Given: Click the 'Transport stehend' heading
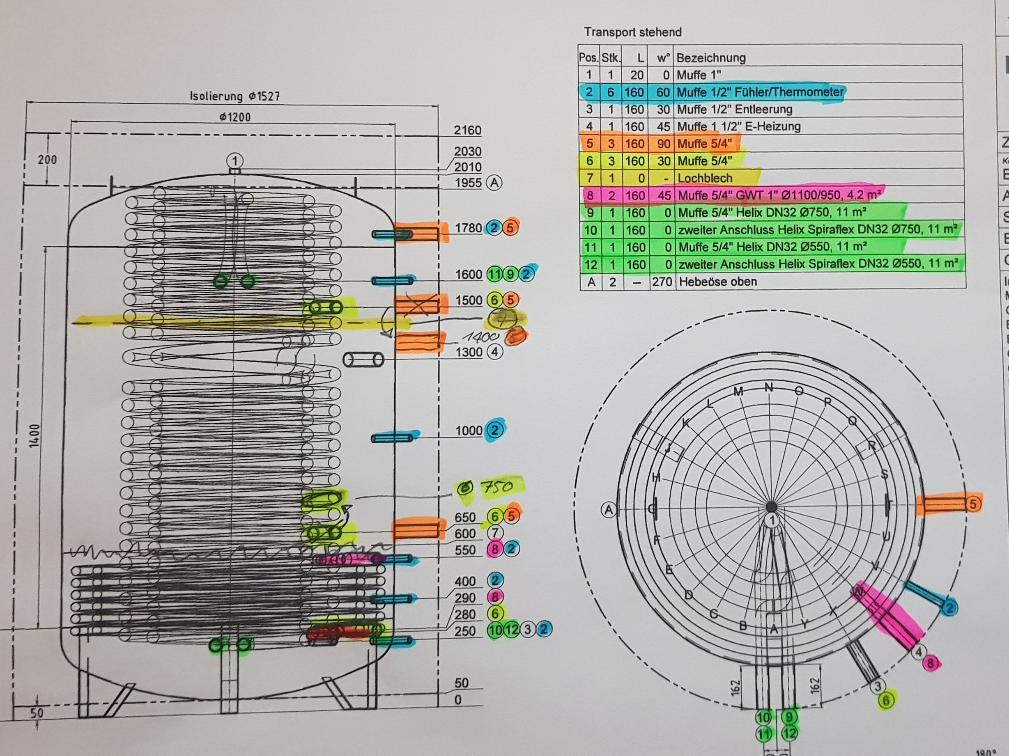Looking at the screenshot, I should pyautogui.click(x=633, y=32).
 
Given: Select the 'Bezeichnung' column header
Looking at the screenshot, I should pyautogui.click(x=711, y=58).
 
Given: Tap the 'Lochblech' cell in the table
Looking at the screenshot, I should pyautogui.click(x=705, y=178).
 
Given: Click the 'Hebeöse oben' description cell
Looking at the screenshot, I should pyautogui.click(x=717, y=282).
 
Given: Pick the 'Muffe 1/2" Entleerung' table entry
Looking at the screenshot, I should pyautogui.click(x=734, y=110).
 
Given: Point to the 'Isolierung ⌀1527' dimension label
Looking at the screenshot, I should pyautogui.click(x=234, y=96).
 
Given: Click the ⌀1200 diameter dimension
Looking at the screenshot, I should pyautogui.click(x=234, y=117).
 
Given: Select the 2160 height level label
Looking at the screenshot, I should pyautogui.click(x=468, y=131).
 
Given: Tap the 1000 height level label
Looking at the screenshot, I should pyautogui.click(x=469, y=431).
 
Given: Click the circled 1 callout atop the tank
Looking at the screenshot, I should pyautogui.click(x=235, y=160).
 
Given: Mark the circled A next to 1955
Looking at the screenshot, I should pyautogui.click(x=494, y=183).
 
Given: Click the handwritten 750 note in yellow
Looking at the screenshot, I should pyautogui.click(x=498, y=487).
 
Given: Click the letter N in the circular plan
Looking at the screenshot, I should pyautogui.click(x=769, y=387).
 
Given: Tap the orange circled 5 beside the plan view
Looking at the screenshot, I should pyautogui.click(x=973, y=504).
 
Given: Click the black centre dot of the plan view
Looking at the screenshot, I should pyautogui.click(x=772, y=506).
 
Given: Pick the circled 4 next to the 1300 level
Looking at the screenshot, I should pyautogui.click(x=494, y=352).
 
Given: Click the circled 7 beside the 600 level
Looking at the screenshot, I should pyautogui.click(x=495, y=533).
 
